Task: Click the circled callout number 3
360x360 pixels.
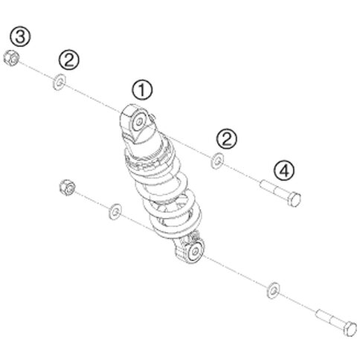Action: point(20,36)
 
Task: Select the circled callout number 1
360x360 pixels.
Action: point(142,90)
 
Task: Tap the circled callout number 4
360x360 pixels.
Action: point(284,171)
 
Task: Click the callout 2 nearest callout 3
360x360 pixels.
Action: point(69,60)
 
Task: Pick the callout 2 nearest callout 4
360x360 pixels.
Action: point(227,139)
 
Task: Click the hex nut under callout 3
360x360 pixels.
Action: point(12,58)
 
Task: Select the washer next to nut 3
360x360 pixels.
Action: point(59,82)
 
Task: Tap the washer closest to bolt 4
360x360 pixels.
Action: point(217,161)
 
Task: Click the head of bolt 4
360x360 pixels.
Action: point(295,199)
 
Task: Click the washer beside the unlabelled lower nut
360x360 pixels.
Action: point(115,211)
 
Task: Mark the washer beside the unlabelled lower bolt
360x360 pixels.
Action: point(273,290)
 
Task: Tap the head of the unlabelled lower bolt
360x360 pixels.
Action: point(350,329)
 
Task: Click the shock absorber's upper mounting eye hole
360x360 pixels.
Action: point(139,122)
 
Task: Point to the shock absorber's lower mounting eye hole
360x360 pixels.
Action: point(195,251)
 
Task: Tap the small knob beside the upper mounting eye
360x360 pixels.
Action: point(152,117)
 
